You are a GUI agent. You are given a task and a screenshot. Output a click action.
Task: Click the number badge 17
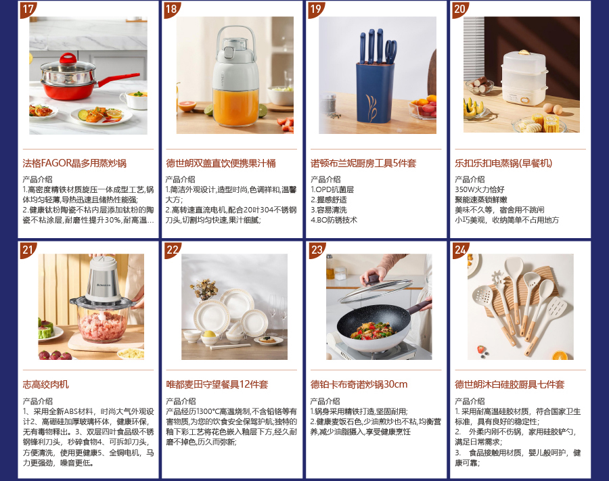[28, 9]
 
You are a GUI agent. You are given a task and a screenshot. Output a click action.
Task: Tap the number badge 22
[172, 250]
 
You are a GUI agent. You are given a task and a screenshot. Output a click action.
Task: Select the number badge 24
[461, 250]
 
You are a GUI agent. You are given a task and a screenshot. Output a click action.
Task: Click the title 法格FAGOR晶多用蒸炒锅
[74, 163]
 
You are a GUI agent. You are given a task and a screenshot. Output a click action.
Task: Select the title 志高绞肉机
[46, 384]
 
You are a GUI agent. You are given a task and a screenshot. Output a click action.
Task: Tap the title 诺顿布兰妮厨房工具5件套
[363, 163]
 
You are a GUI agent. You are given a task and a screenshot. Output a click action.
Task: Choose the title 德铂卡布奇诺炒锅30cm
[359, 384]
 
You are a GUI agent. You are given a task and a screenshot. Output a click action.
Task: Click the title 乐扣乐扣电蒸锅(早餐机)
[503, 163]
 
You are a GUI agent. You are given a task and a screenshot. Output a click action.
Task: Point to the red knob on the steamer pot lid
[68, 59]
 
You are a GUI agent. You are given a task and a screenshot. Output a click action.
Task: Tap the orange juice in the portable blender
[235, 106]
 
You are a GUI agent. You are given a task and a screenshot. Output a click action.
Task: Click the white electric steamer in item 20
[523, 78]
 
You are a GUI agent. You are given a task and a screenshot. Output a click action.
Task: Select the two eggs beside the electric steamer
[552, 108]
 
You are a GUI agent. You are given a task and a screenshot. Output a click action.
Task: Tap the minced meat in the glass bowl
[102, 325]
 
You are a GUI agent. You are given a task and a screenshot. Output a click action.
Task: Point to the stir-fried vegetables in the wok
[372, 331]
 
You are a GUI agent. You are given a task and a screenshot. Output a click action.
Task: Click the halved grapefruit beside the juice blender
[187, 106]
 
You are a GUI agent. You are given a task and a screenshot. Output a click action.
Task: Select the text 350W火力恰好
[480, 189]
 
